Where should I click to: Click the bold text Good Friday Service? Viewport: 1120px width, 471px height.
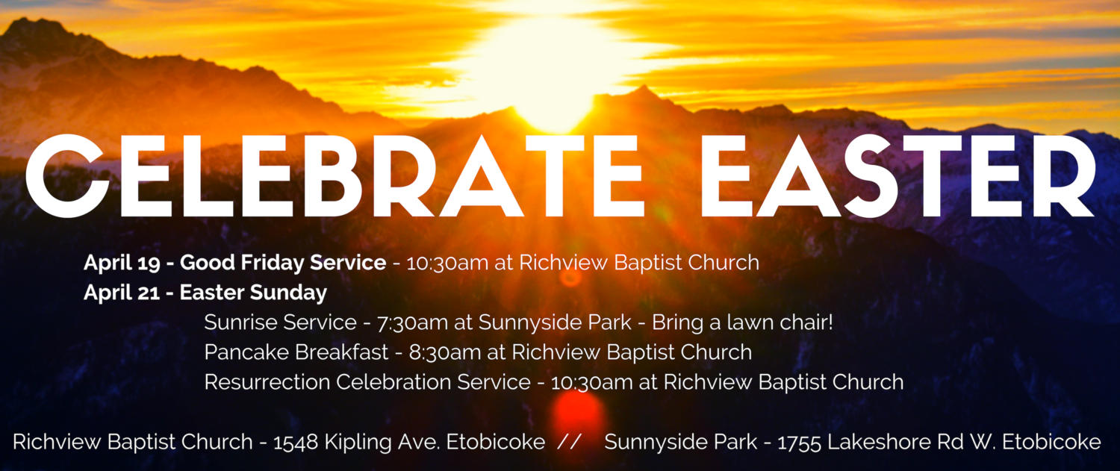(283, 263)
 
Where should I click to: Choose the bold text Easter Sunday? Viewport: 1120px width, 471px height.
(253, 293)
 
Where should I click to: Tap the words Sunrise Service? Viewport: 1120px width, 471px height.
(280, 322)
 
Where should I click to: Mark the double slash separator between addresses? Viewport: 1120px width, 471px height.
(569, 442)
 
